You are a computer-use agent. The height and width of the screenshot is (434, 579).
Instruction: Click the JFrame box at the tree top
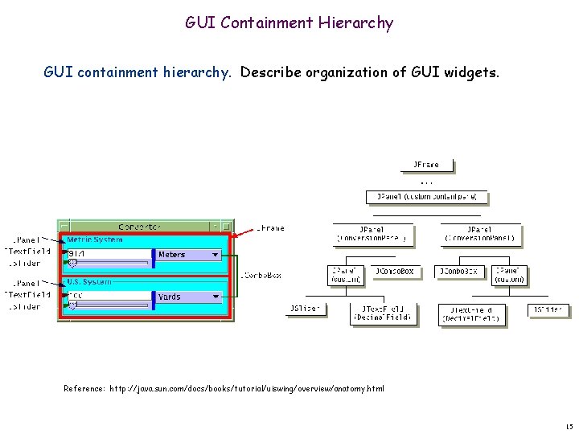click(426, 165)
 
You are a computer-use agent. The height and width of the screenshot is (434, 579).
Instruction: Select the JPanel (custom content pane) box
click(427, 196)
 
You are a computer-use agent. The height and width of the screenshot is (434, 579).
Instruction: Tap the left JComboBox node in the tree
click(395, 272)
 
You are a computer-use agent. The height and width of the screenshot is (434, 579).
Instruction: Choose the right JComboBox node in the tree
click(456, 272)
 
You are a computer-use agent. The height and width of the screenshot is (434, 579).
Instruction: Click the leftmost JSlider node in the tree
click(306, 309)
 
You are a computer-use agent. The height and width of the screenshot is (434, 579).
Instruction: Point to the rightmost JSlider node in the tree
click(548, 309)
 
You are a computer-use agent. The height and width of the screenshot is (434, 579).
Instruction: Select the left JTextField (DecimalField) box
click(383, 313)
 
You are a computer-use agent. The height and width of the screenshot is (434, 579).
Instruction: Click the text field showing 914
click(109, 254)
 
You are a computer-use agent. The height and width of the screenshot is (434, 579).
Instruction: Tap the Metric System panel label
click(95, 240)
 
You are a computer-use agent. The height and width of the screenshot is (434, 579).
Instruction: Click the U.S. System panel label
click(89, 282)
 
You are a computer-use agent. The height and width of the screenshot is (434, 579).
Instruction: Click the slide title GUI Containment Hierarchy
click(289, 23)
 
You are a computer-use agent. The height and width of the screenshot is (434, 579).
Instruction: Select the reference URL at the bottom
click(224, 389)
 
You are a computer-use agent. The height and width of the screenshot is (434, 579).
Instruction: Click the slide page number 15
click(569, 425)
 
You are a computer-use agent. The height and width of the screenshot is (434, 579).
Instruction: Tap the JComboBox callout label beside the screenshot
click(261, 276)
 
